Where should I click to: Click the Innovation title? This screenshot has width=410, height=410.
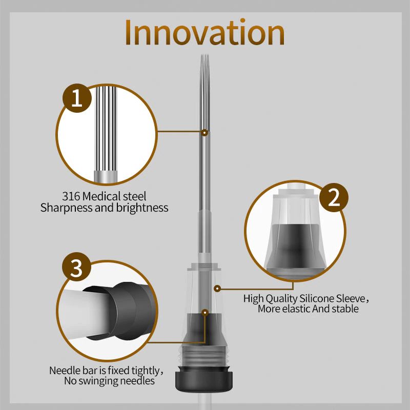pos(204,32)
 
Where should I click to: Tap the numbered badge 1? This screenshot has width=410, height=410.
pos(77,98)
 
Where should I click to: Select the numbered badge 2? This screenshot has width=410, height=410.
pos(334,197)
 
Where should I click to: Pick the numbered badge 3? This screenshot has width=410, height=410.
pos(76,267)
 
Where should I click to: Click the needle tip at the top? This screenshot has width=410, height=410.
pos(205,55)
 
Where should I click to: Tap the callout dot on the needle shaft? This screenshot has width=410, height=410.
pos(204,133)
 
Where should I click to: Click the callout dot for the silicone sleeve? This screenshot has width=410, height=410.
pos(217,289)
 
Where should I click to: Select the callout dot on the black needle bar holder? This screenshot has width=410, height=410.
pos(206,312)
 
